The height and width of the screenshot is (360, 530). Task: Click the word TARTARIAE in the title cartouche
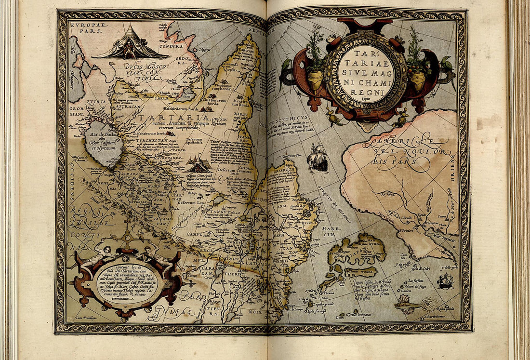coord(366,57)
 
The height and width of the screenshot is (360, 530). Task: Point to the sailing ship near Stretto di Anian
coord(318,158)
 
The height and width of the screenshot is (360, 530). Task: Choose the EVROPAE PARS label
coord(87,27)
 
